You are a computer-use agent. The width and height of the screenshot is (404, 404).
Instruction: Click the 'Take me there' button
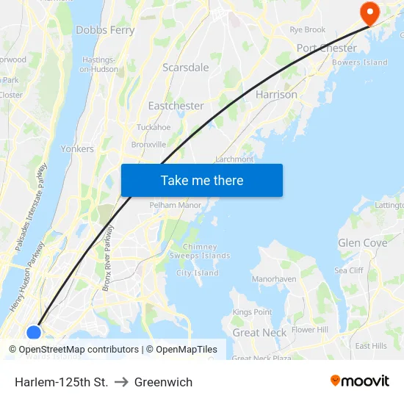pyautogui.click(x=201, y=180)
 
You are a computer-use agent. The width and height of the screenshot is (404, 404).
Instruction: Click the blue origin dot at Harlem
pyautogui.click(x=34, y=333)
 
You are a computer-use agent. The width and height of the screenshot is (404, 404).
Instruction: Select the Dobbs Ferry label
pyautogui.click(x=105, y=30)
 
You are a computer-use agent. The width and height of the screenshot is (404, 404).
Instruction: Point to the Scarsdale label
pyautogui.click(x=185, y=68)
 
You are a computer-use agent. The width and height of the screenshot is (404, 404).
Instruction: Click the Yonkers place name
pyautogui.click(x=77, y=148)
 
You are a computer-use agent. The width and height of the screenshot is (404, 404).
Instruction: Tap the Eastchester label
pyautogui.click(x=176, y=106)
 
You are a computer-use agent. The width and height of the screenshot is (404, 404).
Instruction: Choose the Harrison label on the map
pyautogui.click(x=276, y=95)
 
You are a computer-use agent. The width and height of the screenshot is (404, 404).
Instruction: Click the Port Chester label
pyautogui.click(x=326, y=48)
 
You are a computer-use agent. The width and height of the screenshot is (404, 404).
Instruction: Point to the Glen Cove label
pyautogui.click(x=362, y=243)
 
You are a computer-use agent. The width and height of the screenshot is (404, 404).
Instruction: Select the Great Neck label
pyautogui.click(x=259, y=333)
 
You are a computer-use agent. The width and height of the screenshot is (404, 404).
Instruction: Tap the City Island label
pyautogui.click(x=197, y=273)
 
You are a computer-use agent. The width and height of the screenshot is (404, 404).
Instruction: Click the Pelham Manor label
pyautogui.click(x=175, y=205)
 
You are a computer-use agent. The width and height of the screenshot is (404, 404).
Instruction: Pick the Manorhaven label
pyautogui.click(x=273, y=279)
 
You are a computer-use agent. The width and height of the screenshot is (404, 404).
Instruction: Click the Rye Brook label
pyautogui.click(x=307, y=30)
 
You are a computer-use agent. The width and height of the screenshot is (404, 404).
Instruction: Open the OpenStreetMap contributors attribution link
pyautogui.click(x=79, y=350)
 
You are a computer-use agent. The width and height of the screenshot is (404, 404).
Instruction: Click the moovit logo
pyautogui.click(x=360, y=381)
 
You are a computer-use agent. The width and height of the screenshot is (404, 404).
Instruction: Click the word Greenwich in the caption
pyautogui.click(x=163, y=382)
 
